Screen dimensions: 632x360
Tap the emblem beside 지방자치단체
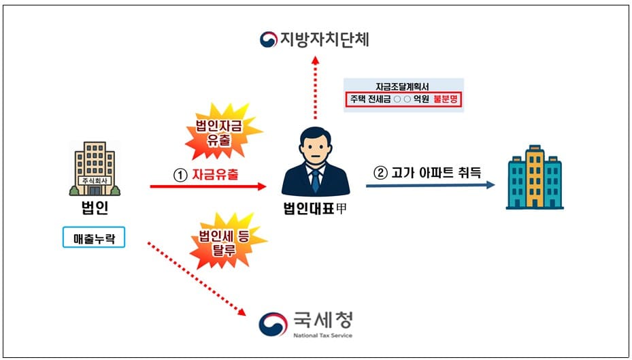pos(268,39)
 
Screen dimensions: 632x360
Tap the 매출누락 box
pos(94,237)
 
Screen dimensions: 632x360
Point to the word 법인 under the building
pos(95,208)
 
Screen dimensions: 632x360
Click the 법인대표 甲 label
pos(316,209)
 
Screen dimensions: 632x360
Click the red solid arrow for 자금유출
pos(207,186)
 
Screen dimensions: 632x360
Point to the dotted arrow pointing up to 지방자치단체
pos(315,88)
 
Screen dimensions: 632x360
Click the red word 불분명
pos(447,99)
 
